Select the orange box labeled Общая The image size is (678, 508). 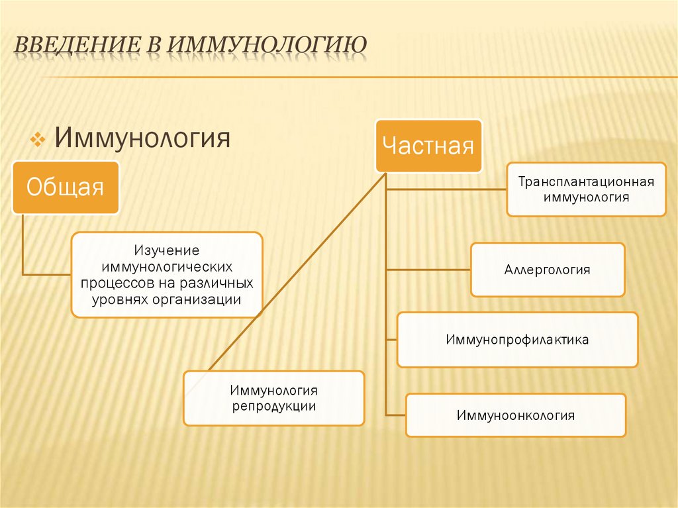click(65, 187)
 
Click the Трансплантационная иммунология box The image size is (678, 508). click(586, 189)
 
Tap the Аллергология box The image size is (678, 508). click(548, 270)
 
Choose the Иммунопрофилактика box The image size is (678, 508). click(517, 340)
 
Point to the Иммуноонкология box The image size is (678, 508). click(515, 415)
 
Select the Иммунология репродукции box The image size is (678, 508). click(273, 398)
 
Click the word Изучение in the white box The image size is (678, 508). click(167, 252)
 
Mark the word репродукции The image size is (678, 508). click(273, 407)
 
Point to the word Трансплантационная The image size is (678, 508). click(586, 181)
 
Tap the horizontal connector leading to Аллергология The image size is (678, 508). click(428, 270)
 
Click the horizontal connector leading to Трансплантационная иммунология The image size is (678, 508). click(446, 189)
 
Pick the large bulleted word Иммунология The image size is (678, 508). click(142, 139)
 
